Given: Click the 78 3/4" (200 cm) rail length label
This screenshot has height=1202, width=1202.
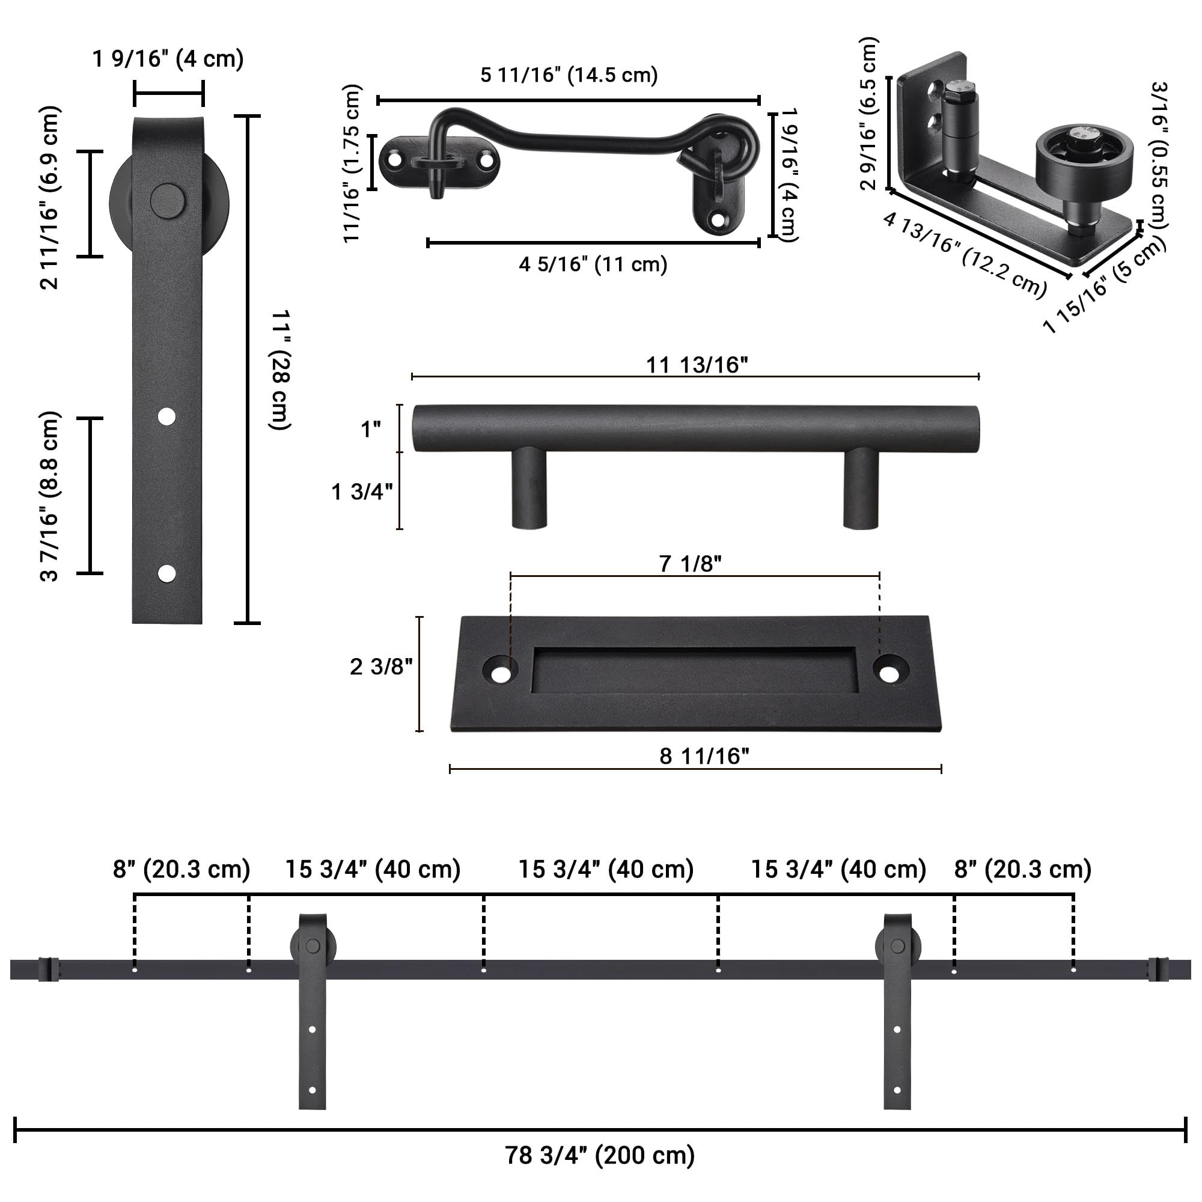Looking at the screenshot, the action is click(600, 1155).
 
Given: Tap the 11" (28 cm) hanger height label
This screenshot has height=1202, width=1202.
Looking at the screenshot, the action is click(280, 370).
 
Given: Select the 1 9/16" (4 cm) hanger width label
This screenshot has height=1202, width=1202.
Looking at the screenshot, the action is click(168, 59).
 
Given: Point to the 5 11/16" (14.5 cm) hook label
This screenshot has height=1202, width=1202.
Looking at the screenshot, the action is click(569, 75).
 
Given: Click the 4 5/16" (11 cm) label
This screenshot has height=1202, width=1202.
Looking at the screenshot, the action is click(593, 264).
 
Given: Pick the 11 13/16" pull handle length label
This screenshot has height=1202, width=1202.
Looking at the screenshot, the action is click(697, 365).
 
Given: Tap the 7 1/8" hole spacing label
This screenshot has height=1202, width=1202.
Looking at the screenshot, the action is click(690, 564).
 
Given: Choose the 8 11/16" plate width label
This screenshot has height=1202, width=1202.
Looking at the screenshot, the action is click(704, 756).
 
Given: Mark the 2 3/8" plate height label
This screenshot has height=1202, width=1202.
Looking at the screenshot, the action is click(381, 667).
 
